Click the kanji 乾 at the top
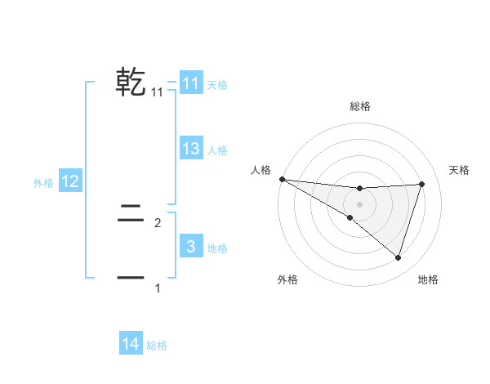tap(131, 83)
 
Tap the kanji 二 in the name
tap(131, 216)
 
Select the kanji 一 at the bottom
tap(131, 279)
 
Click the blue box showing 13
tap(191, 149)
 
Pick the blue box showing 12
tap(70, 182)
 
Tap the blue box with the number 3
tap(191, 247)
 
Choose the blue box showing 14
tap(131, 344)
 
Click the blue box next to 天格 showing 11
tap(191, 83)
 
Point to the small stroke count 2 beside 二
tap(158, 222)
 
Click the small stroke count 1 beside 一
tap(158, 288)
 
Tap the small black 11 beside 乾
tap(158, 92)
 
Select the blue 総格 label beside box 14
tap(157, 346)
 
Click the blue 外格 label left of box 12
tap(43, 183)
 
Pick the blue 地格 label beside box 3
tap(217, 248)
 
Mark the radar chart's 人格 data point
tap(282, 179)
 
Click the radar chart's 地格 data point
tap(399, 257)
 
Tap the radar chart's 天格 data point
tap(422, 184)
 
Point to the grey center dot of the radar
tap(359, 203)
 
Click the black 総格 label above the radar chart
tap(359, 106)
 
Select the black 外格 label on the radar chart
tap(287, 279)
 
